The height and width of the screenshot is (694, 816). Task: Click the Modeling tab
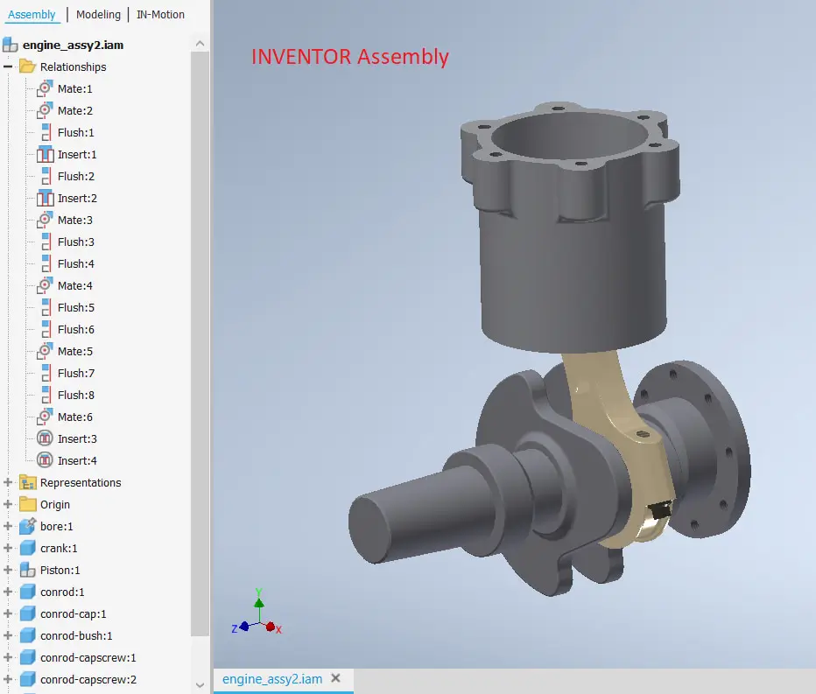(x=98, y=15)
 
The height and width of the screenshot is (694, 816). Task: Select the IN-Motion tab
(x=160, y=15)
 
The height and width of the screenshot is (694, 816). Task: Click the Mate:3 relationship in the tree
(x=74, y=221)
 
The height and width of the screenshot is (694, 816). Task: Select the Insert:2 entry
(x=77, y=199)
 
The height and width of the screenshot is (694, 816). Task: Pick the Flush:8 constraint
(x=75, y=396)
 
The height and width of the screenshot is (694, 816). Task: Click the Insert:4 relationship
(x=77, y=461)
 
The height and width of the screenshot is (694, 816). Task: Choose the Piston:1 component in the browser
(x=60, y=571)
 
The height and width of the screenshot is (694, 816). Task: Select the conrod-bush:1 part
(x=76, y=636)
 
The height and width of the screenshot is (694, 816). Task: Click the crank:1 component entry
(x=59, y=549)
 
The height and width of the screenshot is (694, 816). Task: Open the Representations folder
(x=80, y=483)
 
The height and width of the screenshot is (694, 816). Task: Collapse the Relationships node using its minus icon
(x=9, y=67)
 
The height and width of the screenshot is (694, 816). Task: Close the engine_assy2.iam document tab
(x=335, y=678)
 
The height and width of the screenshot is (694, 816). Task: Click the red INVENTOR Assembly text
(x=350, y=57)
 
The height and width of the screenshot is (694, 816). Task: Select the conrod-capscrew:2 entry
(x=88, y=680)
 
